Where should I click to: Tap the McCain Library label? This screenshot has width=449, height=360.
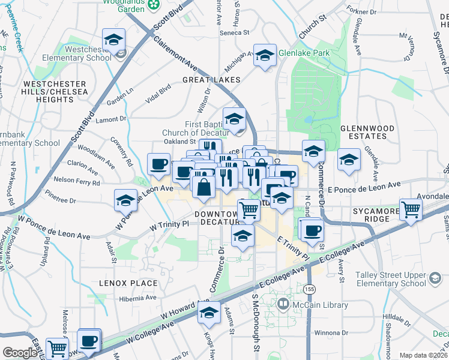tap(319, 305)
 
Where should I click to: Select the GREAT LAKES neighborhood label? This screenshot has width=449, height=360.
tap(211, 80)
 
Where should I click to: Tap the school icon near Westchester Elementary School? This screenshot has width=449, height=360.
tap(113, 40)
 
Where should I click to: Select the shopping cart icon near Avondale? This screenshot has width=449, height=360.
tap(411, 210)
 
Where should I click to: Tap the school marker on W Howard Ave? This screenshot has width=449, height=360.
tap(209, 313)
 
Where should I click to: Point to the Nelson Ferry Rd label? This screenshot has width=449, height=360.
tap(76, 180)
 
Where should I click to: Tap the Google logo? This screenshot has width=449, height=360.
tap(20, 352)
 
